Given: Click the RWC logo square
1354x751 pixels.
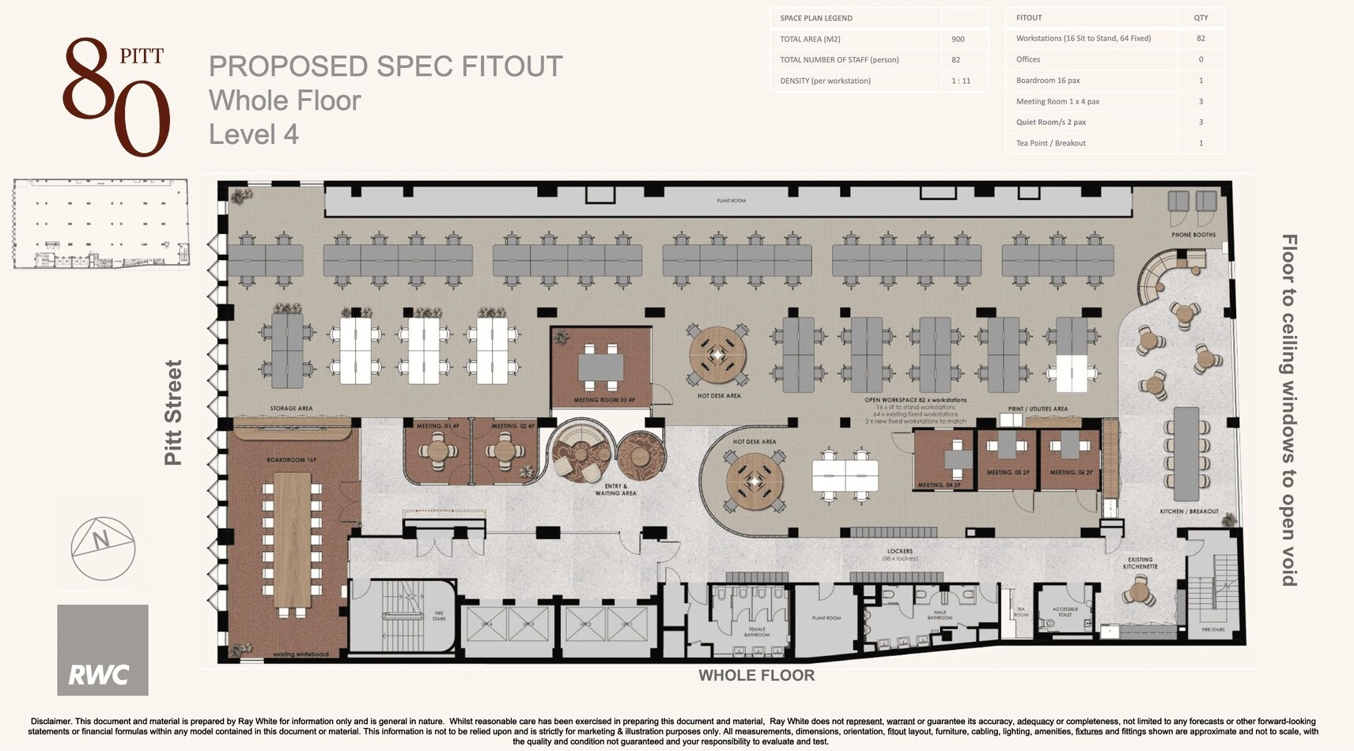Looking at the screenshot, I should pyautogui.click(x=103, y=650).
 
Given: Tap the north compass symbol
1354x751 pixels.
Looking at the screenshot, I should pyautogui.click(x=103, y=548).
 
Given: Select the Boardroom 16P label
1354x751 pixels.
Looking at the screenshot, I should pyautogui.click(x=291, y=460).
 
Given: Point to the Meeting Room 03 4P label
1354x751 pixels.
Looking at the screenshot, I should pyautogui.click(x=604, y=400).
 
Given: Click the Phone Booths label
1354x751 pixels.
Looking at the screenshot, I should pyautogui.click(x=1193, y=235).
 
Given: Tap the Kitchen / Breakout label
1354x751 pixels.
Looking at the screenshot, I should pyautogui.click(x=1189, y=511).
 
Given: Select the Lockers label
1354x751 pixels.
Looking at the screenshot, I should pyautogui.click(x=900, y=551).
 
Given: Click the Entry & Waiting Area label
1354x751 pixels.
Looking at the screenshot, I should pyautogui.click(x=615, y=489).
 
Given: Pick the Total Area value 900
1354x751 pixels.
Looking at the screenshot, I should pyautogui.click(x=958, y=39).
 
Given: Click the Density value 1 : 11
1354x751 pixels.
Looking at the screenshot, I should pyautogui.click(x=961, y=81).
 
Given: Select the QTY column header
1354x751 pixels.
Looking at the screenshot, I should pyautogui.click(x=1201, y=17).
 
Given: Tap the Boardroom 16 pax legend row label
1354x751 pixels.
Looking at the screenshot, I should pyautogui.click(x=1048, y=81).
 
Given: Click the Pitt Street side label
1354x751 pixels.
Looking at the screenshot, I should pyautogui.click(x=173, y=413).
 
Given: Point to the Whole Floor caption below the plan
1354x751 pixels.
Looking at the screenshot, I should pyautogui.click(x=756, y=675).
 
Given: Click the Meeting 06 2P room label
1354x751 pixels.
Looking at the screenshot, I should pyautogui.click(x=1071, y=472).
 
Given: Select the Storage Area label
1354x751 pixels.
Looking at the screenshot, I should pyautogui.click(x=291, y=409).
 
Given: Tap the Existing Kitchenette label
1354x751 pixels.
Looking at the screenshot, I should pyautogui.click(x=1140, y=563).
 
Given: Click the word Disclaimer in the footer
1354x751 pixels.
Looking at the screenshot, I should pyautogui.click(x=51, y=721).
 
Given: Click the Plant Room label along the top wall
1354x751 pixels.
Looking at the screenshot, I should pyautogui.click(x=731, y=201).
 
